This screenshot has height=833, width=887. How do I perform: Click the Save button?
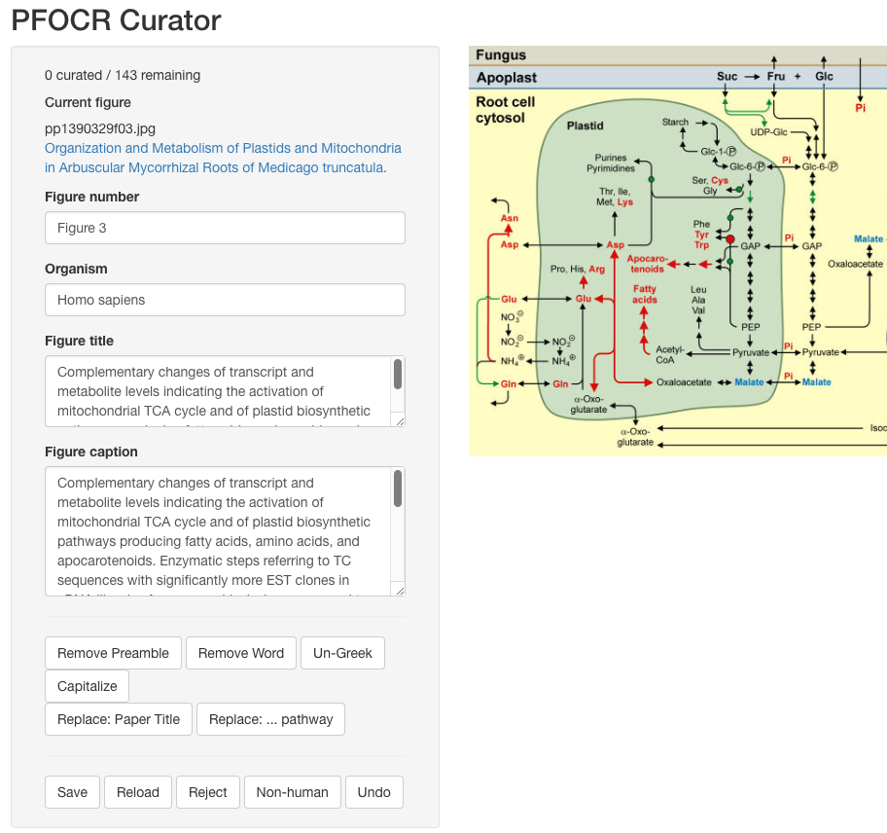click(x=72, y=792)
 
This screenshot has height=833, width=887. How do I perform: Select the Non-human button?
click(x=292, y=792)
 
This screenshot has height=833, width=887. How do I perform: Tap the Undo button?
click(x=373, y=792)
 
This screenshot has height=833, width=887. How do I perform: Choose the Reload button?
click(x=138, y=792)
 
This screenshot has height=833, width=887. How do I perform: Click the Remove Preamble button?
click(x=113, y=653)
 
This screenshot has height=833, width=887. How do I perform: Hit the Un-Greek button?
click(x=342, y=653)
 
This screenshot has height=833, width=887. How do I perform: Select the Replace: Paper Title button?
click(x=119, y=719)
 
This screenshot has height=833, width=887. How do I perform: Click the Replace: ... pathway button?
click(x=270, y=719)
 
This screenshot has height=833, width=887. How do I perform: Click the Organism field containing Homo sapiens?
click(x=225, y=300)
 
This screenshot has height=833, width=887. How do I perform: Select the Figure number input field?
click(x=225, y=228)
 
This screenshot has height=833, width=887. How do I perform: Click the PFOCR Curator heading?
click(x=116, y=19)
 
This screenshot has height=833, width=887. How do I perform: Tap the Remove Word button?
click(x=241, y=653)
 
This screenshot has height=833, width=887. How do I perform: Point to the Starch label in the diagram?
click(x=675, y=122)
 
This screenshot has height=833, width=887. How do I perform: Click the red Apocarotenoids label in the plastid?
click(x=646, y=263)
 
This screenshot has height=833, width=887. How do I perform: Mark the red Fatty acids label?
click(x=645, y=294)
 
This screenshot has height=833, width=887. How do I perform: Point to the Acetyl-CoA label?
click(x=670, y=354)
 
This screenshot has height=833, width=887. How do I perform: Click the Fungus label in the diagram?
click(x=501, y=55)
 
